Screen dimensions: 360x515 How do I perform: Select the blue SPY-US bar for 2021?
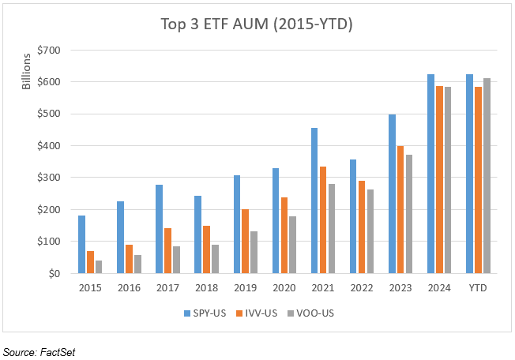315,201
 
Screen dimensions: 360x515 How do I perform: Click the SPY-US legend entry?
203,313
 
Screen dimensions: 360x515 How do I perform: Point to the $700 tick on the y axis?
55,50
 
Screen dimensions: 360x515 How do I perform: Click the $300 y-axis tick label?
55,178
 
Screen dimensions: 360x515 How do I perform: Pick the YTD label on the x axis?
478,289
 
